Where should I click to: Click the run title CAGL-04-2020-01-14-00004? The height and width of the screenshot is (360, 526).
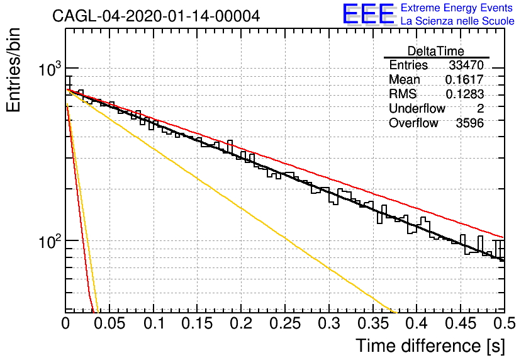(156, 16)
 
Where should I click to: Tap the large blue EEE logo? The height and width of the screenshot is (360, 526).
(369, 14)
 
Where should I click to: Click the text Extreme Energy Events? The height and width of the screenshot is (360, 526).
(457, 8)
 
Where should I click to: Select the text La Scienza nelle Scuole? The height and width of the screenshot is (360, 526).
(457, 21)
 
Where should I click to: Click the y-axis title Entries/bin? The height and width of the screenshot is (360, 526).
(13, 70)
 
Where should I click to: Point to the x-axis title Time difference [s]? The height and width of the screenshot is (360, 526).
(430, 346)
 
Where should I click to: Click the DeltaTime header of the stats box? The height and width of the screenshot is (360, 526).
(436, 51)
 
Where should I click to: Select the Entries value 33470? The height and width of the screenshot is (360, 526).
(466, 65)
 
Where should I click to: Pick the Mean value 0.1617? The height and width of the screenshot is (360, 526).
(464, 79)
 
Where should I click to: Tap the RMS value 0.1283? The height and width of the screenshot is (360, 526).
(464, 94)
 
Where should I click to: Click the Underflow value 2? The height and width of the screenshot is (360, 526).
(480, 108)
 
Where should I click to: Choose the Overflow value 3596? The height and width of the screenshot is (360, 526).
(469, 123)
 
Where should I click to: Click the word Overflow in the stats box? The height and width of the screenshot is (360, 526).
(413, 123)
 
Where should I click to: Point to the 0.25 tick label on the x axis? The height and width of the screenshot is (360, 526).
(285, 323)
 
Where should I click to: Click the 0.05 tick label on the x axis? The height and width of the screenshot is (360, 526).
(109, 323)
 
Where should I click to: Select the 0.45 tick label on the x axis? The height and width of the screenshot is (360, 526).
(461, 323)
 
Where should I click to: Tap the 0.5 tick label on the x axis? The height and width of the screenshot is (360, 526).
(505, 323)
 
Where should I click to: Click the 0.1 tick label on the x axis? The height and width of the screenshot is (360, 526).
(154, 323)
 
